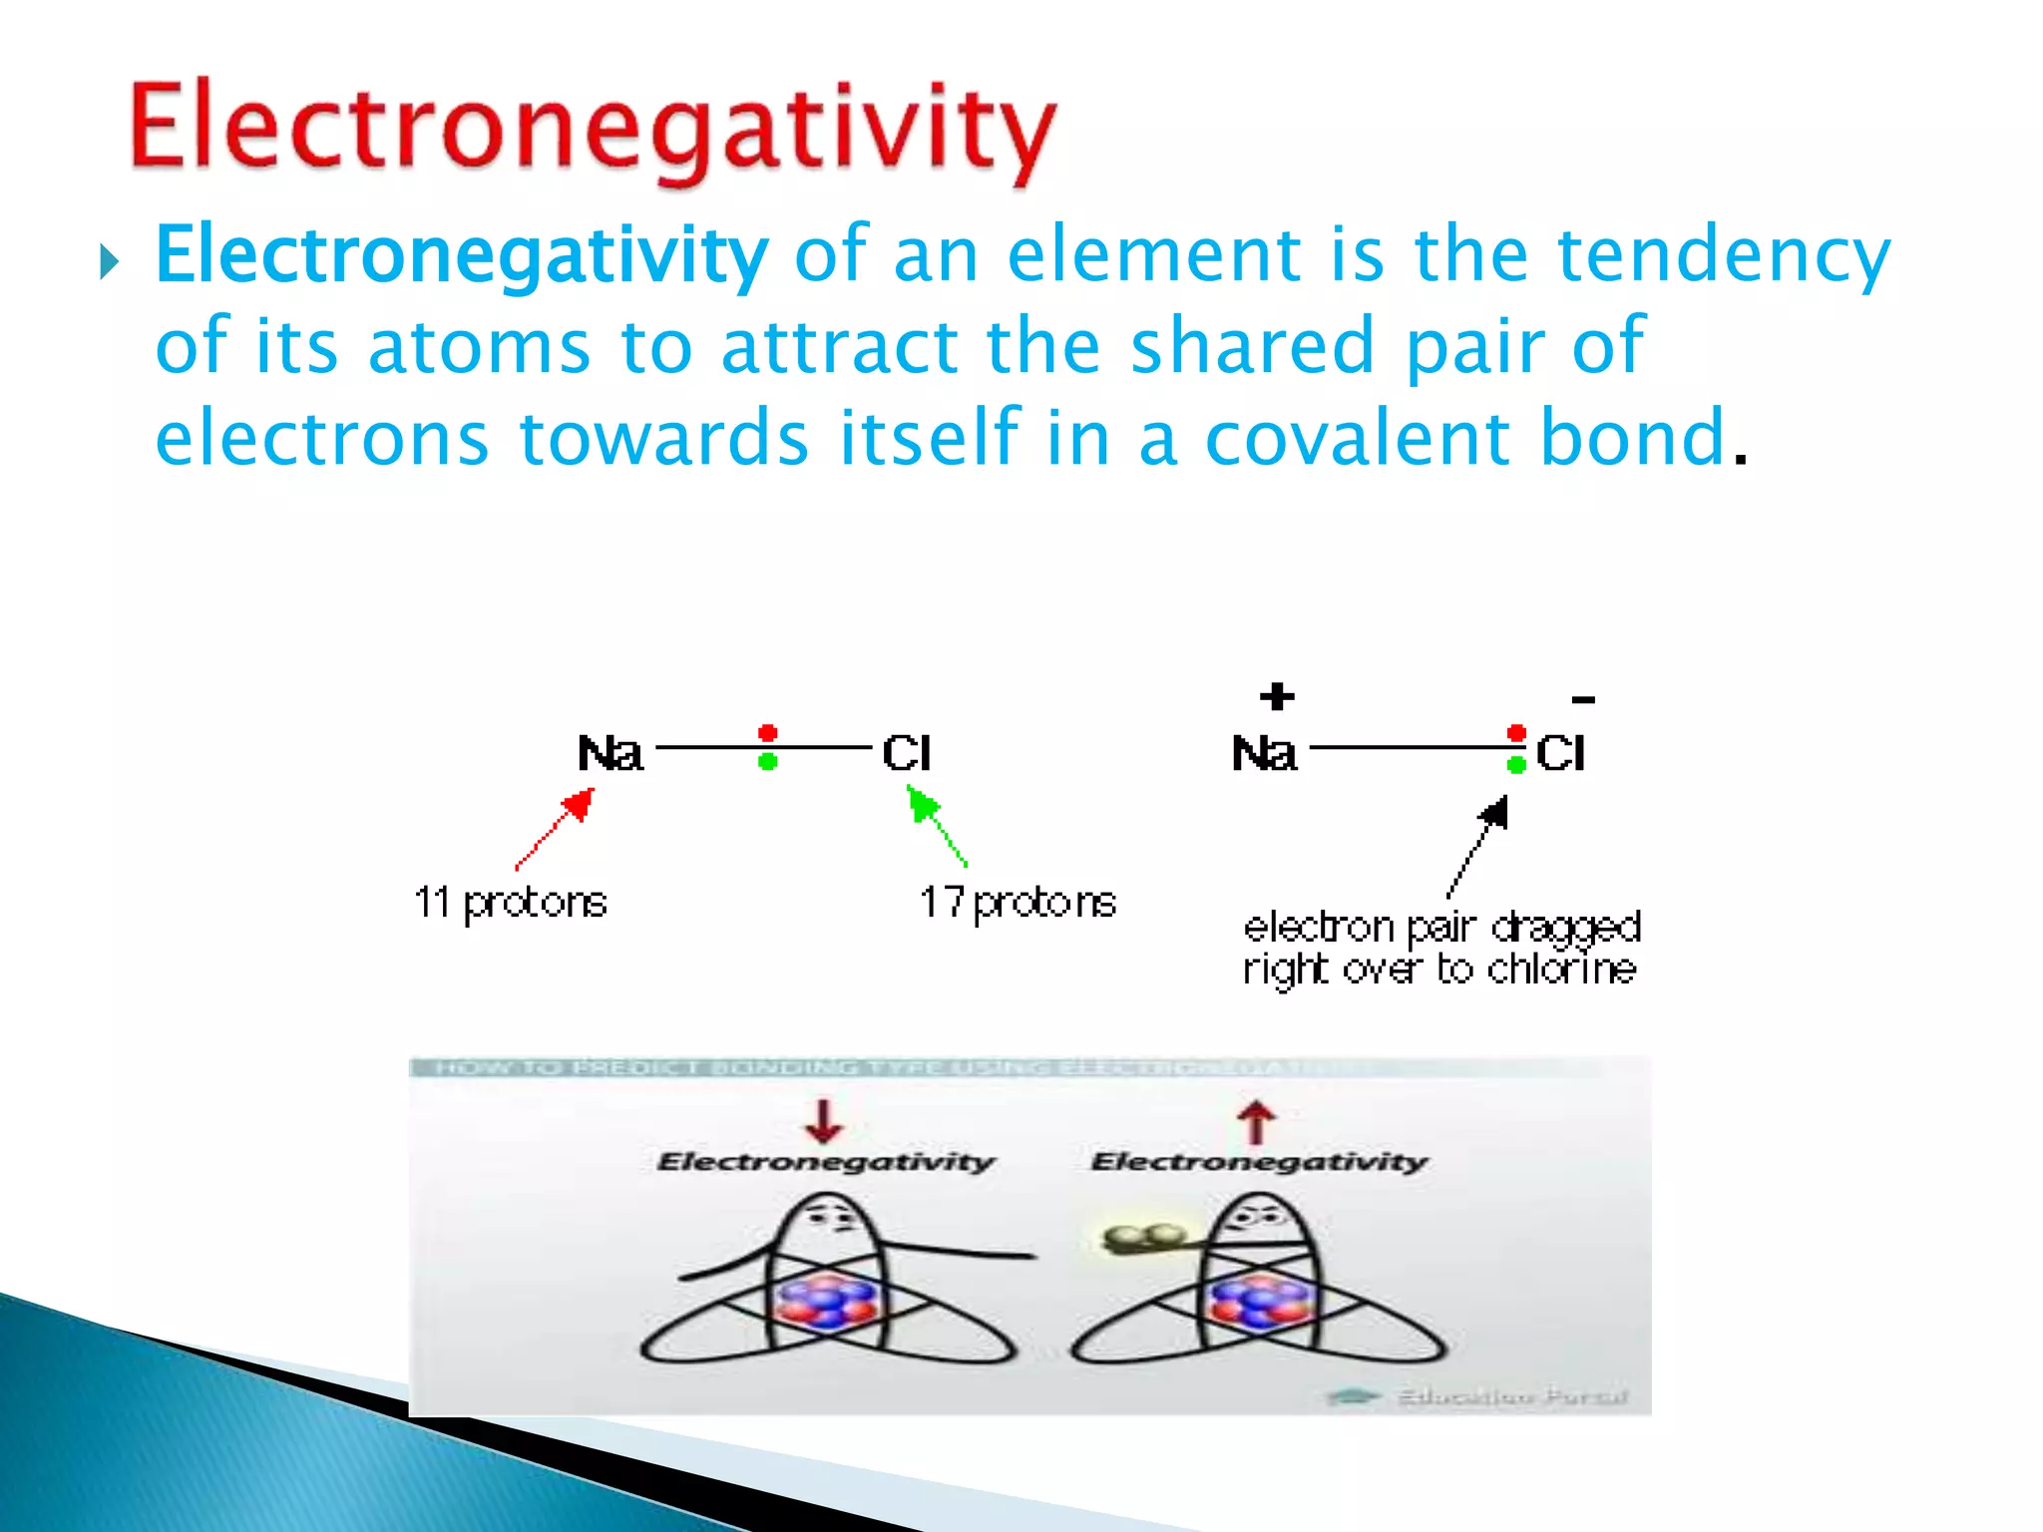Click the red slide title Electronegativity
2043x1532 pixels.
tap(593, 130)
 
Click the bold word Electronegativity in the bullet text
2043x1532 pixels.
tap(461, 256)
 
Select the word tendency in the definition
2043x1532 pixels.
tap(1723, 256)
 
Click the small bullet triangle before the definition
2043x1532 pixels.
tap(109, 263)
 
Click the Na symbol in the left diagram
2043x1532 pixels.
tap(610, 753)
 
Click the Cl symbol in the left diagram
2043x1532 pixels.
tap(906, 753)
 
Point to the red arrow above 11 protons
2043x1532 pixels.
tap(557, 827)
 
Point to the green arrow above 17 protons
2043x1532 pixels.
tap(935, 824)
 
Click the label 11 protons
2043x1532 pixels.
tap(510, 903)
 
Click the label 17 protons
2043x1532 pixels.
tap(1017, 903)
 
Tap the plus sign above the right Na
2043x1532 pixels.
tap(1277, 696)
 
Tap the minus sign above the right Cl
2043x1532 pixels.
tap(1583, 700)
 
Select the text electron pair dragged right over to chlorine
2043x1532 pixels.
tap(1440, 948)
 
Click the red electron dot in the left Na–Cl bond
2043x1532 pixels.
tap(767, 734)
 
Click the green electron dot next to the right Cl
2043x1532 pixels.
tap(1516, 765)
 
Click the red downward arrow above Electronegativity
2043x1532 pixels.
tap(824, 1121)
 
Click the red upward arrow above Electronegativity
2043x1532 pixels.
tap(1257, 1122)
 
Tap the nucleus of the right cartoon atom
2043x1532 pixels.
tap(1259, 1303)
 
